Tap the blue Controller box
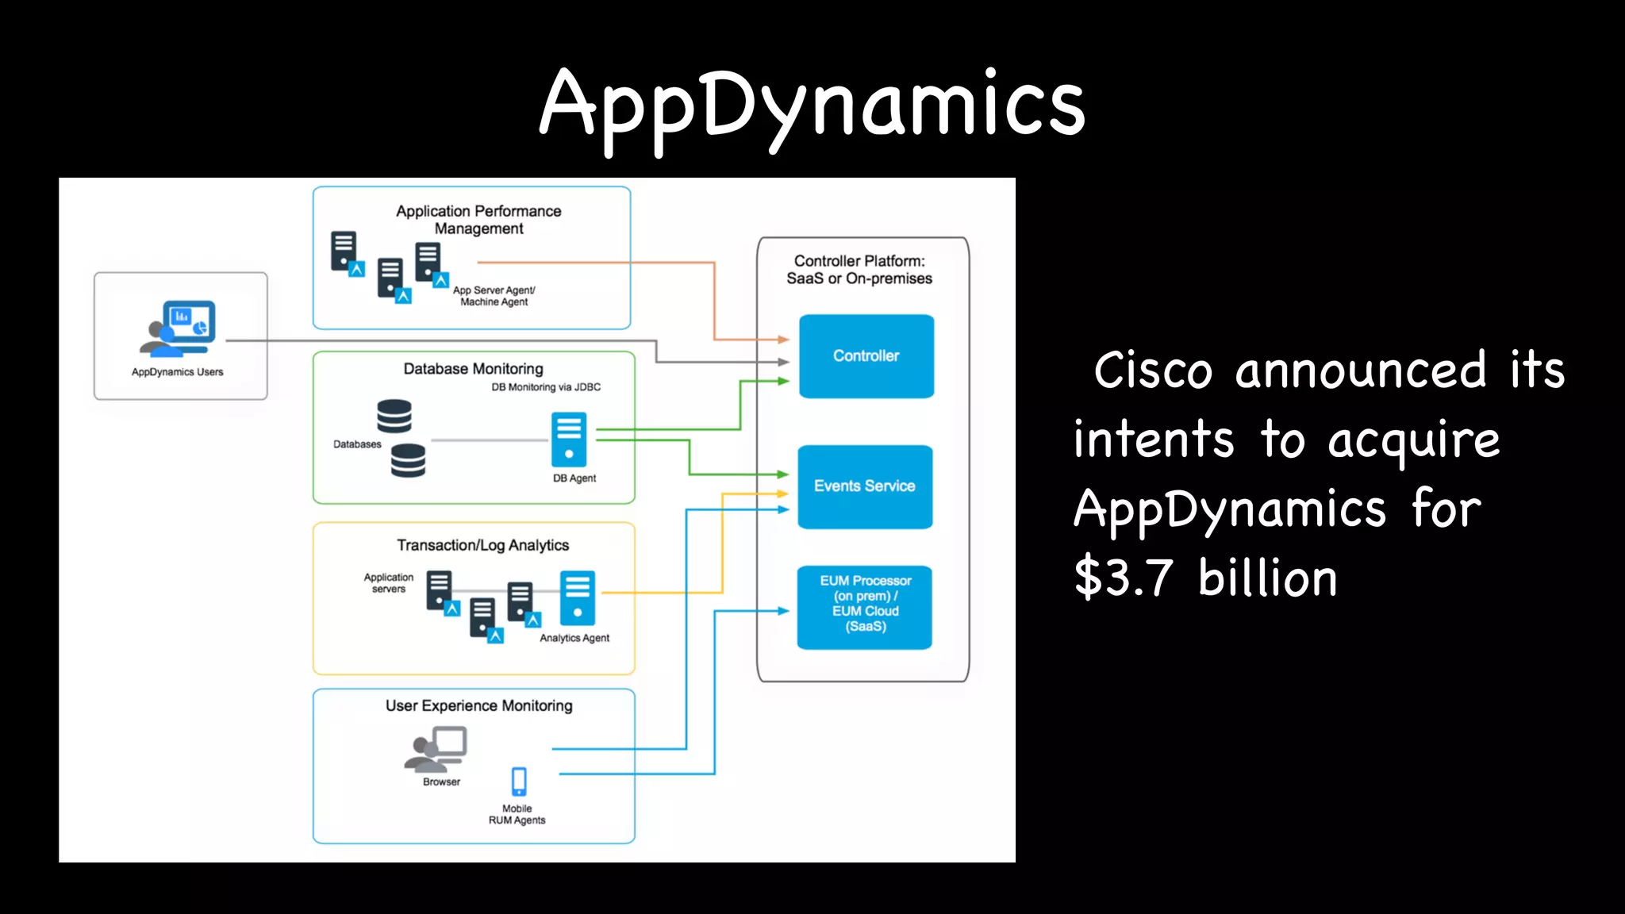pos(866,356)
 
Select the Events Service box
pos(865,486)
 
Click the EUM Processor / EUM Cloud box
pos(865,607)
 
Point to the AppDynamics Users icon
pos(179,328)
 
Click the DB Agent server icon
pos(569,440)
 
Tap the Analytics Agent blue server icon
pos(577,598)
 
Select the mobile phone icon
pos(519,781)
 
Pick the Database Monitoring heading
pos(473,369)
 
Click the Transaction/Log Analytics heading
pos(482,545)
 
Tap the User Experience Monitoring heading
pos(478,705)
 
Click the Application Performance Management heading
pos(478,220)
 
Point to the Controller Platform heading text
pos(859,270)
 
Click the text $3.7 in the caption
pos(1124,578)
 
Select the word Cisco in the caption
pos(1153,371)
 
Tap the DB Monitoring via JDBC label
pos(546,387)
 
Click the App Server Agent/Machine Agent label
pos(494,296)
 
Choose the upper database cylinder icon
pos(394,416)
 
